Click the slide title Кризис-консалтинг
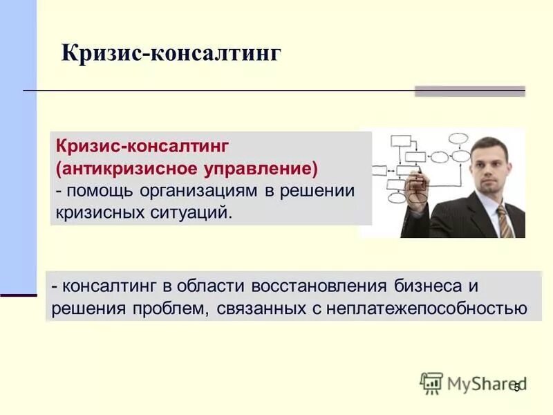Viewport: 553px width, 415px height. click(171, 53)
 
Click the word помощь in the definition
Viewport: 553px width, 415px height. click(100, 190)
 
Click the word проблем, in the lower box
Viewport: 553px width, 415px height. click(169, 308)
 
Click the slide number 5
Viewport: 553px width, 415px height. click(516, 388)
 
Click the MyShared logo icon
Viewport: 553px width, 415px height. click(431, 382)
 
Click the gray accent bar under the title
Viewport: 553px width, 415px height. click(469, 91)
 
